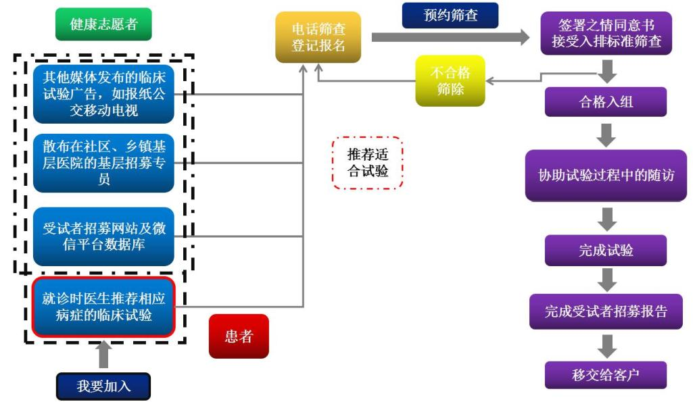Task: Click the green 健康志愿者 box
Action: click(x=103, y=24)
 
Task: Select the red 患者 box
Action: click(x=238, y=336)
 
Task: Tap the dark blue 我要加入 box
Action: click(x=103, y=386)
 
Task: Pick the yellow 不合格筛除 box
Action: click(x=450, y=80)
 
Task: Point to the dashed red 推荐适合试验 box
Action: click(x=368, y=162)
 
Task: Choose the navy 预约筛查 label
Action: click(x=450, y=15)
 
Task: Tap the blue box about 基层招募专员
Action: click(x=103, y=163)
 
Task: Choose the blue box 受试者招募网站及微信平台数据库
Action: click(x=103, y=236)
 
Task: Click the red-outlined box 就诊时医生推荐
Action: click(x=103, y=307)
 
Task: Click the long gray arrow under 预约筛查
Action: click(x=450, y=37)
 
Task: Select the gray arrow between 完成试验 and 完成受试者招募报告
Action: click(x=606, y=280)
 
